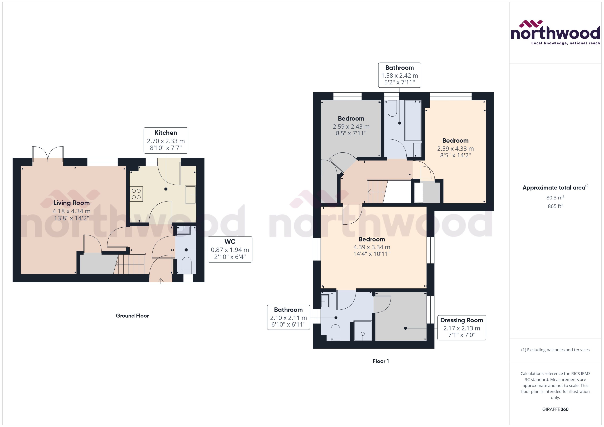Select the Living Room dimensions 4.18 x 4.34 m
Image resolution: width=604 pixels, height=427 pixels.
(71, 211)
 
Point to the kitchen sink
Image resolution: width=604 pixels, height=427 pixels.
(190, 195)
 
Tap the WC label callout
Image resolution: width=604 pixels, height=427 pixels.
(230, 249)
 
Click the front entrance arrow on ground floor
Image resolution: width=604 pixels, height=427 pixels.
(161, 281)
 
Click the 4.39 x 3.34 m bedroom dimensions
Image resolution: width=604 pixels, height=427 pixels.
(372, 247)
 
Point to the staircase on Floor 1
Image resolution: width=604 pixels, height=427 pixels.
(377, 192)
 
